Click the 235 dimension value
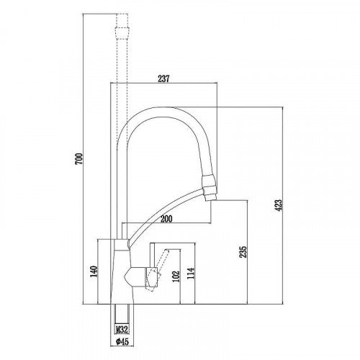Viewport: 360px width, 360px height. (x=243, y=252)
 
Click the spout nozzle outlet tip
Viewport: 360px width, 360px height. (x=210, y=193)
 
